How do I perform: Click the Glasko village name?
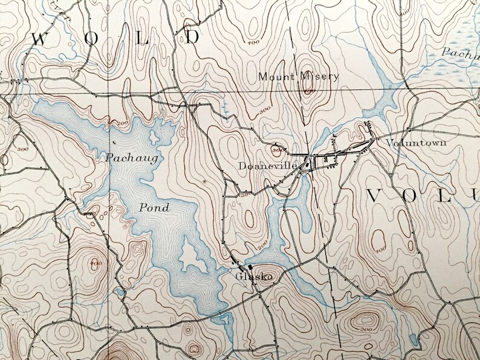pyautogui.click(x=250, y=277)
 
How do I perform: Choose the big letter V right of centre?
pyautogui.click(x=376, y=196)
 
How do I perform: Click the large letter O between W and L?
pyautogui.click(x=91, y=39)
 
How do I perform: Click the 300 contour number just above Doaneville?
pyautogui.click(x=277, y=149)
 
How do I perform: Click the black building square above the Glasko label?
pyautogui.click(x=249, y=266)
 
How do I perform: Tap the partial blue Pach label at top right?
pyautogui.click(x=459, y=53)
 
